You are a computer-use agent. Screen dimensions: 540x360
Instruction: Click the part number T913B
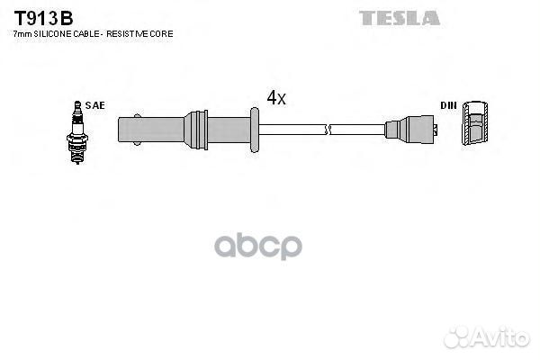tap(43, 18)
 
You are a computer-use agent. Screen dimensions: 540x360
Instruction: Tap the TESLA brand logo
tap(400, 18)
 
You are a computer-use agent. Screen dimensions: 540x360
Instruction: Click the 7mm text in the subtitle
tap(22, 34)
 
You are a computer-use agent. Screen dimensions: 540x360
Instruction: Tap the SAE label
tap(95, 105)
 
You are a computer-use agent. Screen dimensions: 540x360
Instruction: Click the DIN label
tap(448, 105)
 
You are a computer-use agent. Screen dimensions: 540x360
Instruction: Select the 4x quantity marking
tap(276, 97)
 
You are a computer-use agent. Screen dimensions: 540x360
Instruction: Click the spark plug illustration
tap(77, 132)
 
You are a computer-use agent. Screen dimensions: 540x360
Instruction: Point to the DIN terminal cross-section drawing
tap(475, 123)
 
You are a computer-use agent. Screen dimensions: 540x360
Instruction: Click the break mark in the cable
tap(328, 130)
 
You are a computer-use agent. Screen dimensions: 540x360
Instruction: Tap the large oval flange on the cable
tap(255, 130)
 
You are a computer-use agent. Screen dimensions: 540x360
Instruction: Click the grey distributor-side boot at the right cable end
tap(411, 130)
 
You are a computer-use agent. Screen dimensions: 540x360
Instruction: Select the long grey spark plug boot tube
tap(184, 130)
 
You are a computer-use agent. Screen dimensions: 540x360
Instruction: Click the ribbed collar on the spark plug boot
tap(196, 130)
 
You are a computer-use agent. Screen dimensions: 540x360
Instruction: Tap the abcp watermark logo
tap(258, 246)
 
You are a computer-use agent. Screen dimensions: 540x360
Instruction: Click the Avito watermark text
tap(501, 337)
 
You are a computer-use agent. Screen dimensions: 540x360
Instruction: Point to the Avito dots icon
tap(457, 337)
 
